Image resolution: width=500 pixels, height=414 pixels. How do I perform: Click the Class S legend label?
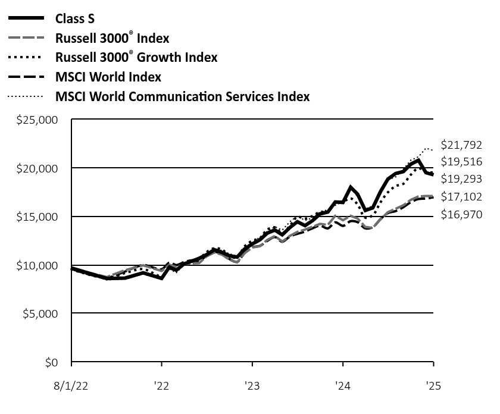(75, 18)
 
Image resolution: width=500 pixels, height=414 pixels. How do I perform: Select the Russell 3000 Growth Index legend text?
(136, 57)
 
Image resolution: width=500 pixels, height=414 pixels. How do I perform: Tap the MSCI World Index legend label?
(108, 77)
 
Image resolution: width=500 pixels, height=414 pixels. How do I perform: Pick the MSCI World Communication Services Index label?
(182, 96)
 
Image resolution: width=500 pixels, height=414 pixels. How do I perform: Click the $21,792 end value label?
(461, 145)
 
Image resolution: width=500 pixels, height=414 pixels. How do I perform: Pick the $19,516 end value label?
(461, 161)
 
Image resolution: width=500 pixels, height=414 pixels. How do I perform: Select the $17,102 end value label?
(461, 196)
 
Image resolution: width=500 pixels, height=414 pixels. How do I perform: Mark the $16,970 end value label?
(461, 215)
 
